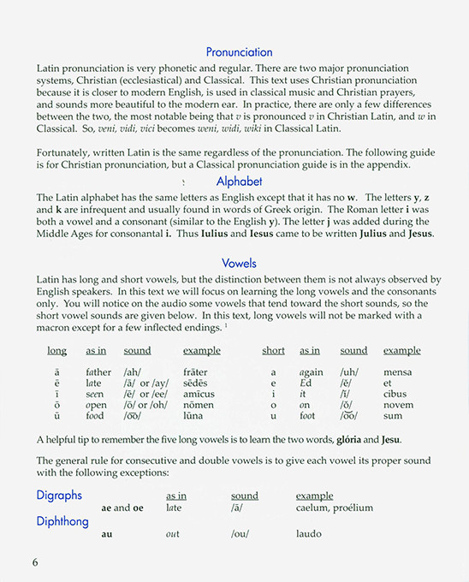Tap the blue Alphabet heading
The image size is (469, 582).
coord(239,181)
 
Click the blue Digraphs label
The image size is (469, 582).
coord(59,495)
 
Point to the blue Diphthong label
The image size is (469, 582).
coord(63,520)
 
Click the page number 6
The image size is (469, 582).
coord(35,562)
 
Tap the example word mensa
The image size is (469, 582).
coord(398,372)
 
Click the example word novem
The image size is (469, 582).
coord(398,404)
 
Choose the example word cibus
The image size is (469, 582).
coord(395,394)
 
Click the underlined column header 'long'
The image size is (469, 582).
coord(56,351)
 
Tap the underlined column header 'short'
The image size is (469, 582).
coord(273,351)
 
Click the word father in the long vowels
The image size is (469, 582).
coord(98,372)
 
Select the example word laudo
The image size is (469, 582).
coord(310,533)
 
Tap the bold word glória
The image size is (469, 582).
coord(355,440)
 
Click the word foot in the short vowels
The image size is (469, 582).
coord(308,414)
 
